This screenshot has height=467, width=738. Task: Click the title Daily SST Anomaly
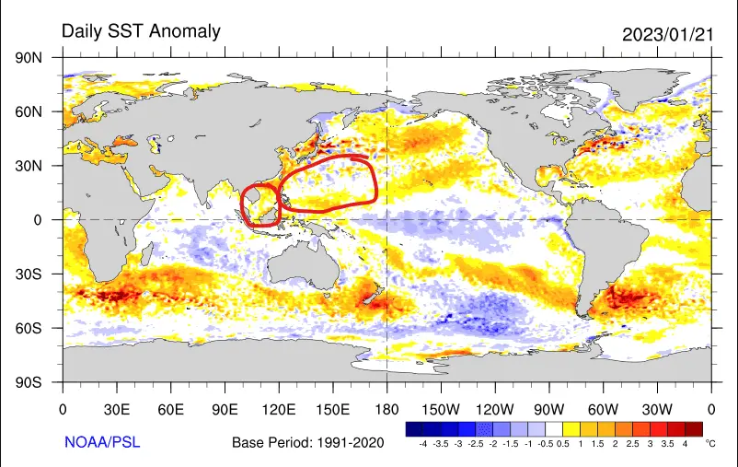point(141,31)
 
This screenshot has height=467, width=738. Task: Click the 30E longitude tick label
point(116,408)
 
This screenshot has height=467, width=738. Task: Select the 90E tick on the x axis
point(225,408)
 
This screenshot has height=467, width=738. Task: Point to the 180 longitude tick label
point(386,408)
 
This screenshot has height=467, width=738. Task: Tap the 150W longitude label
point(441,408)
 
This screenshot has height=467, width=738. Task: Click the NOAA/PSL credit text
point(102,442)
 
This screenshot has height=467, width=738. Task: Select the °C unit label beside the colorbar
point(710,443)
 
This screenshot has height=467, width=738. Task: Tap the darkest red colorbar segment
point(694,428)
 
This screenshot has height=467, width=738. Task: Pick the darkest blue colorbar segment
point(414,428)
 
